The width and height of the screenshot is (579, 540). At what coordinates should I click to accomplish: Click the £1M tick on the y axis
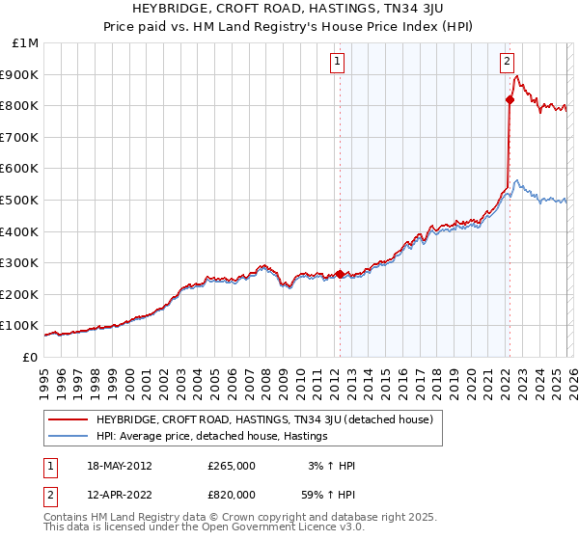point(26,43)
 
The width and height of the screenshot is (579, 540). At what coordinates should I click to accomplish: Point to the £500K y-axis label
point(22,201)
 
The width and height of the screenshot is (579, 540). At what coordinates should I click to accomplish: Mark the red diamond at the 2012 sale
point(340,274)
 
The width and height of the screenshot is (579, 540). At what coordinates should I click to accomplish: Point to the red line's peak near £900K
point(517,76)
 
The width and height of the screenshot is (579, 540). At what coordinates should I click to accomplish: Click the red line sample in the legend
point(67,419)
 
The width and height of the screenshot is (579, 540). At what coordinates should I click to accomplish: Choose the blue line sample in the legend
point(67,437)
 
